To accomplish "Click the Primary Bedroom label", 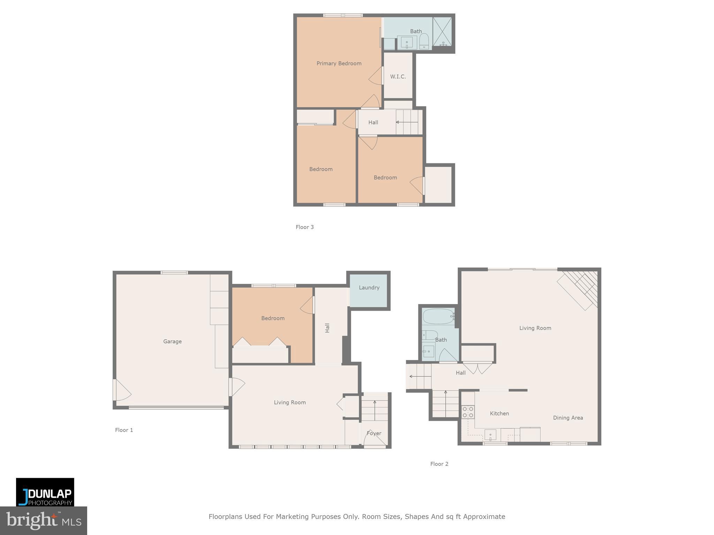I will pyautogui.click(x=339, y=63).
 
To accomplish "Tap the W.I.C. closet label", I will pyautogui.click(x=398, y=77).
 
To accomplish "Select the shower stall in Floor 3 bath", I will pyautogui.click(x=442, y=32).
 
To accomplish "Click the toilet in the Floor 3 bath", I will pyautogui.click(x=424, y=41).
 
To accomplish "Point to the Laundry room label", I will pyautogui.click(x=369, y=288).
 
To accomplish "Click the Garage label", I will pyautogui.click(x=172, y=341).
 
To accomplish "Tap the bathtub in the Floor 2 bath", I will pyautogui.click(x=438, y=317).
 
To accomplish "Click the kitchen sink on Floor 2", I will pyautogui.click(x=490, y=435).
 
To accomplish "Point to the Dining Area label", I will pyautogui.click(x=568, y=418).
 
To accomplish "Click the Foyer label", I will pyautogui.click(x=374, y=433).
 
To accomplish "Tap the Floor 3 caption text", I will pyautogui.click(x=305, y=227).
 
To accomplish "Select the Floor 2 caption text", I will pyautogui.click(x=439, y=464).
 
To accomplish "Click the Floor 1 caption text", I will pyautogui.click(x=124, y=430).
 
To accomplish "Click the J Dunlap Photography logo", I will pyautogui.click(x=45, y=492).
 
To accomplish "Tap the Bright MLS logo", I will pyautogui.click(x=43, y=520).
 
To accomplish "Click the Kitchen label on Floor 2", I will pyautogui.click(x=499, y=413).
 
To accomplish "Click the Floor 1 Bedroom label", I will pyautogui.click(x=273, y=318).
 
